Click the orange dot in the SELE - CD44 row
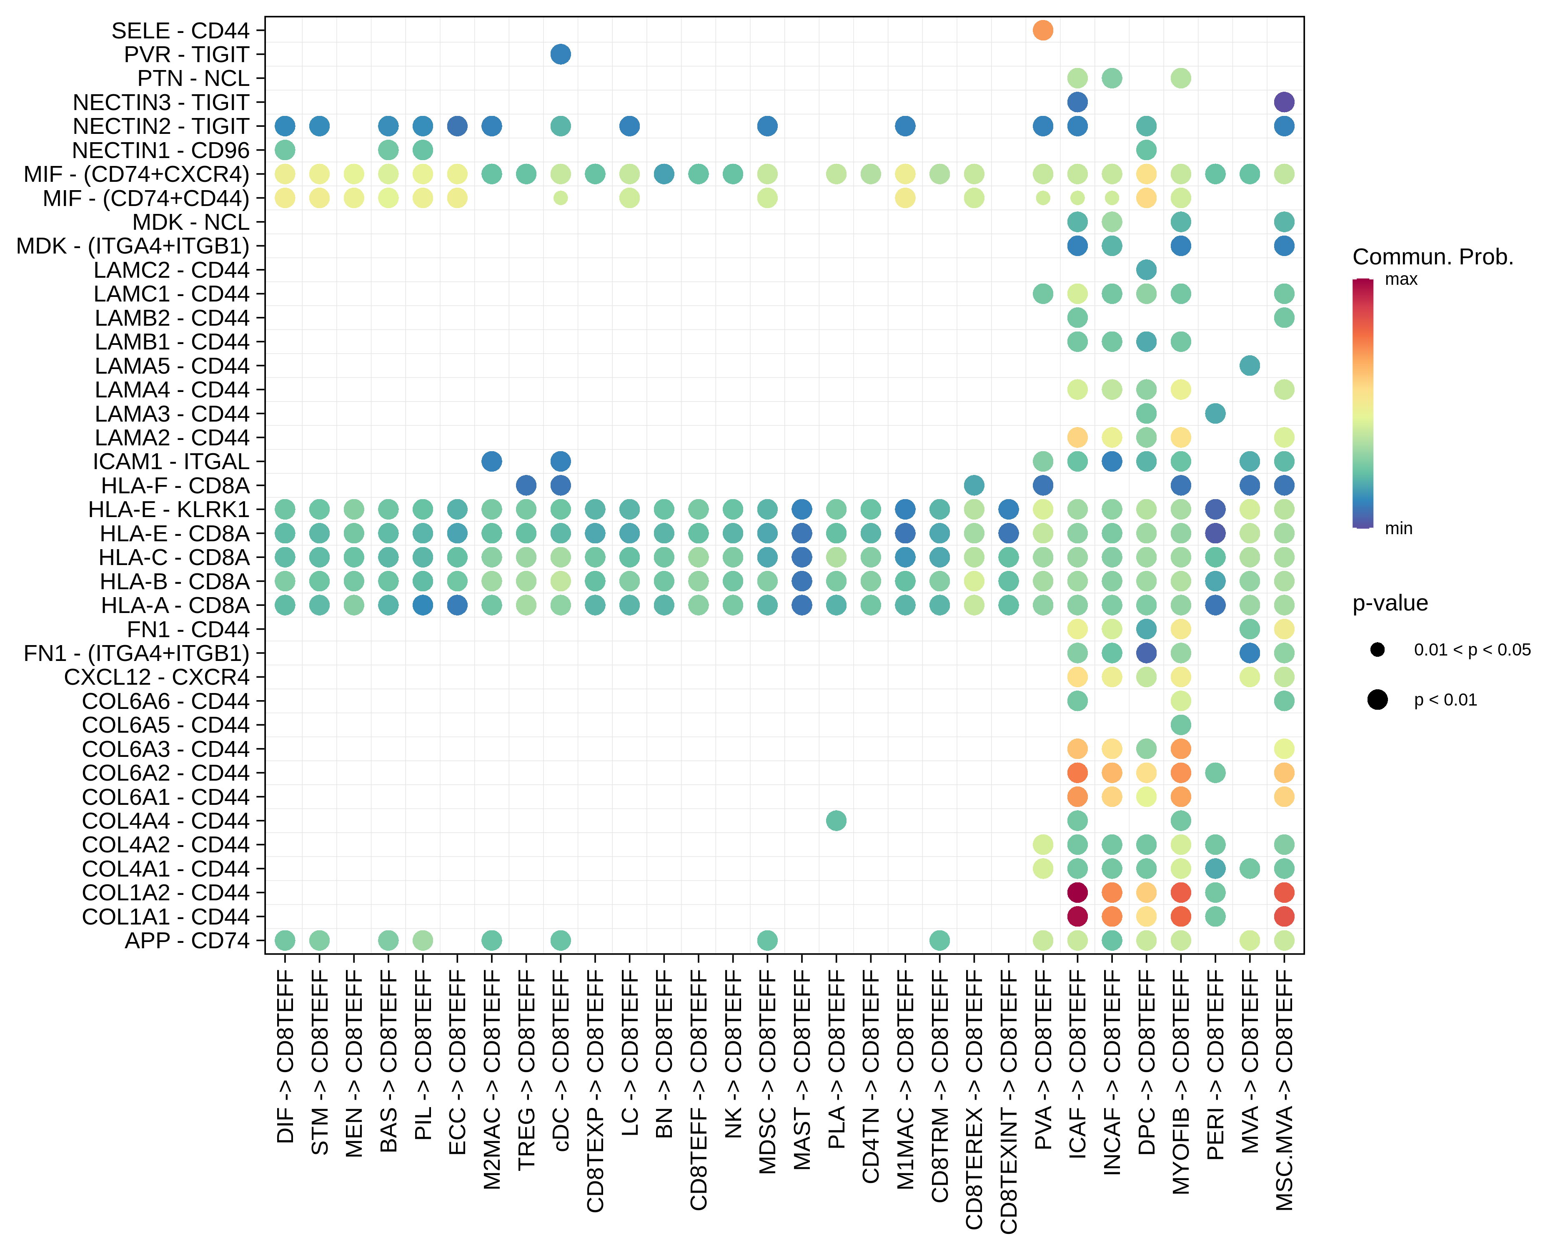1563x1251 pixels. point(1042,30)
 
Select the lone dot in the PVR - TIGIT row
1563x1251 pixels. point(561,54)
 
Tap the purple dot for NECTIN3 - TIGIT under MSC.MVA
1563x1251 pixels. point(1284,102)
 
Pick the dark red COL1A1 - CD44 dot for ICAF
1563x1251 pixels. point(1077,916)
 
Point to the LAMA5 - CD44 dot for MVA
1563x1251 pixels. point(1249,366)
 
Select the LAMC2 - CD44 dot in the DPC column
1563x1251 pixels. point(1146,270)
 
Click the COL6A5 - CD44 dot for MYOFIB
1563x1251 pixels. point(1181,724)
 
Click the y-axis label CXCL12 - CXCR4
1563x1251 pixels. point(157,677)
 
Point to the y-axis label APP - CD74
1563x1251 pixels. point(187,941)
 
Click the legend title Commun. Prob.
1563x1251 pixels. point(1433,257)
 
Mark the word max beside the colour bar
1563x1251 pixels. point(1400,280)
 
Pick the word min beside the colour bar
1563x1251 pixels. point(1398,529)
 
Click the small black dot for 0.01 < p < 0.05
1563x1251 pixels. point(1378,650)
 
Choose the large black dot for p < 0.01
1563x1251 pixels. point(1378,700)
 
